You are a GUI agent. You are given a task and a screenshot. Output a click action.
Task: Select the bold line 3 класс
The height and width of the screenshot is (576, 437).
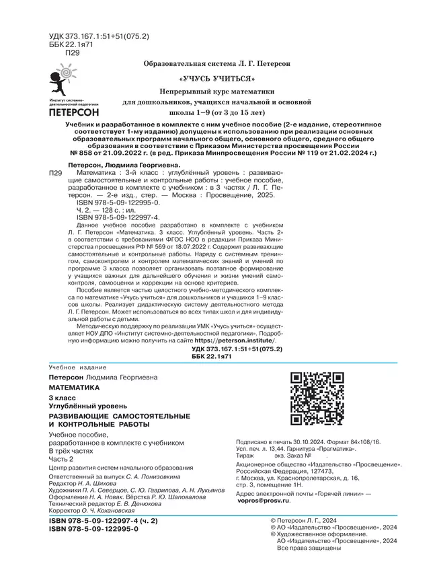(58, 400)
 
